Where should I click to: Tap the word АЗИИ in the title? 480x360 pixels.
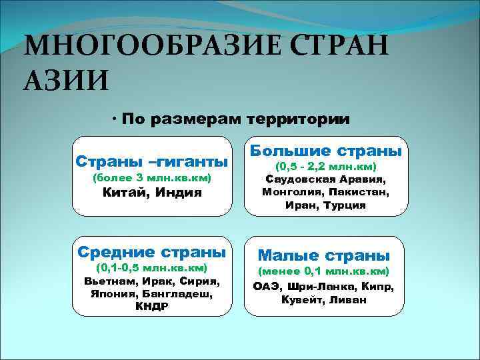pyautogui.click(x=64, y=80)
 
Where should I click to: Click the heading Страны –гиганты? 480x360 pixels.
pyautogui.click(x=152, y=161)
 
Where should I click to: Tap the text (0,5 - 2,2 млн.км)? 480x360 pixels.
pyautogui.click(x=325, y=166)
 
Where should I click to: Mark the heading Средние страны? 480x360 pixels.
pyautogui.click(x=152, y=252)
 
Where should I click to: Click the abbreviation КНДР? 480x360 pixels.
pyautogui.click(x=152, y=307)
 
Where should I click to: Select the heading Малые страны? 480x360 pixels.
pyautogui.click(x=324, y=255)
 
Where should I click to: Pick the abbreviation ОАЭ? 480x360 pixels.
pyautogui.click(x=267, y=287)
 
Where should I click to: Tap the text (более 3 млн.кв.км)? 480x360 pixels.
pyautogui.click(x=152, y=178)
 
